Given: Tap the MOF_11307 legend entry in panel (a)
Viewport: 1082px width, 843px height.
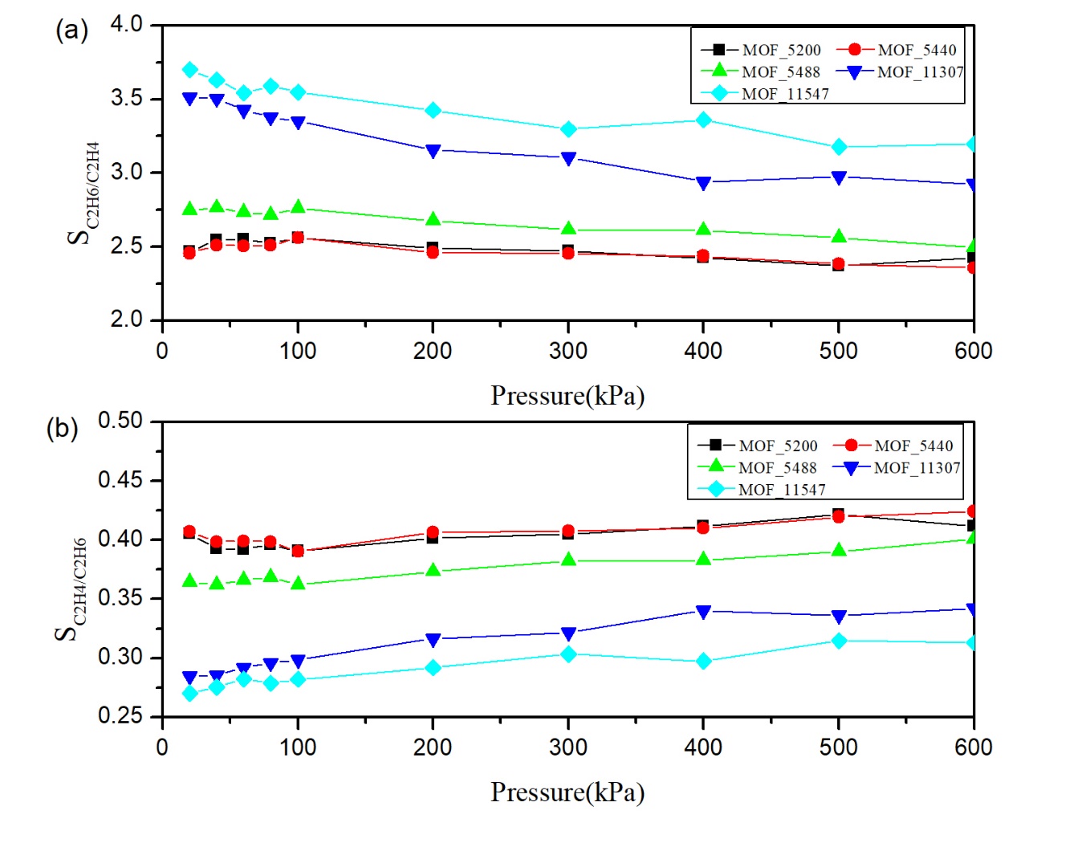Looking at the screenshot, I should (x=900, y=72).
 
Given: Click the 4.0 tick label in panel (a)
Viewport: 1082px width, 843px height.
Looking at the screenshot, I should (x=126, y=24).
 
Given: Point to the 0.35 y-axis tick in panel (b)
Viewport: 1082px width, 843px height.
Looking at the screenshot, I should (x=120, y=598).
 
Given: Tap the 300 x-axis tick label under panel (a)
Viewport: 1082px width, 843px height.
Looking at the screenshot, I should (x=568, y=351).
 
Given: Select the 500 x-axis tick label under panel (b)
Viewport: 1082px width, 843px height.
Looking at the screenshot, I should (x=839, y=747).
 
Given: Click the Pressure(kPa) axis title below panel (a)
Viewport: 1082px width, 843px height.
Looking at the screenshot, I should (x=567, y=396).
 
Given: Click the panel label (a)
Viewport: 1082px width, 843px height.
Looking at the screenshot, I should (x=71, y=31).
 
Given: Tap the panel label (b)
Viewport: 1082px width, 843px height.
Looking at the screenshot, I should (x=63, y=428).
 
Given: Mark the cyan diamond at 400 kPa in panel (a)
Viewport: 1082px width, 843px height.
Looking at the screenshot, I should (x=703, y=120).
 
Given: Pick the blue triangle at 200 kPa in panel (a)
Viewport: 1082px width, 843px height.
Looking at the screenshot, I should (x=433, y=151).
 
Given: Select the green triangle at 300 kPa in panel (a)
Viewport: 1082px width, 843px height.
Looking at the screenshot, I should (x=568, y=229).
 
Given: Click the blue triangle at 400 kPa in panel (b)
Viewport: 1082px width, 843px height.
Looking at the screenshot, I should (x=703, y=612).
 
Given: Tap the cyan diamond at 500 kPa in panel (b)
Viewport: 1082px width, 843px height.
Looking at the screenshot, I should (x=839, y=641).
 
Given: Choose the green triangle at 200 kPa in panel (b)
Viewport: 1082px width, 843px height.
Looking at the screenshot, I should (x=433, y=570).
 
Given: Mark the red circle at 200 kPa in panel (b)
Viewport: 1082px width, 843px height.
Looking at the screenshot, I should (x=433, y=532).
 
